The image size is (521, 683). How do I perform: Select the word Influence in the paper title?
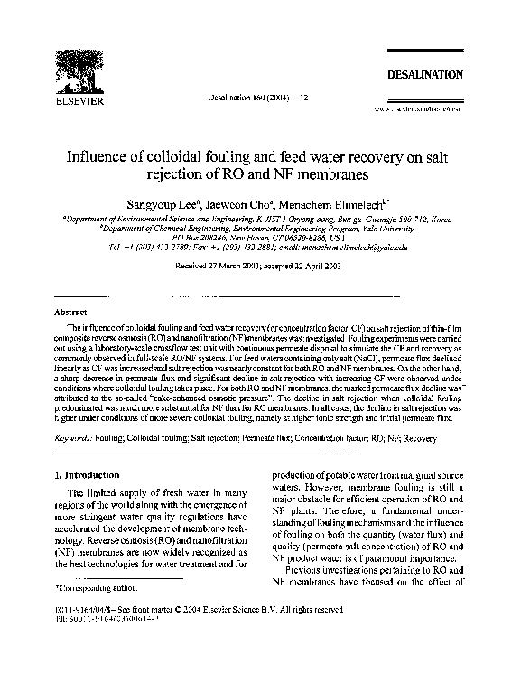tap(100, 156)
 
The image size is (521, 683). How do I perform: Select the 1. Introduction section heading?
tap(88, 473)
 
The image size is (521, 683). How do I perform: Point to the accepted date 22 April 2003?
tap(318, 267)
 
